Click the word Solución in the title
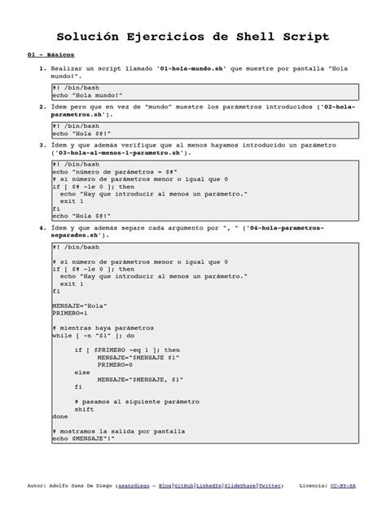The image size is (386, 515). (92, 37)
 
